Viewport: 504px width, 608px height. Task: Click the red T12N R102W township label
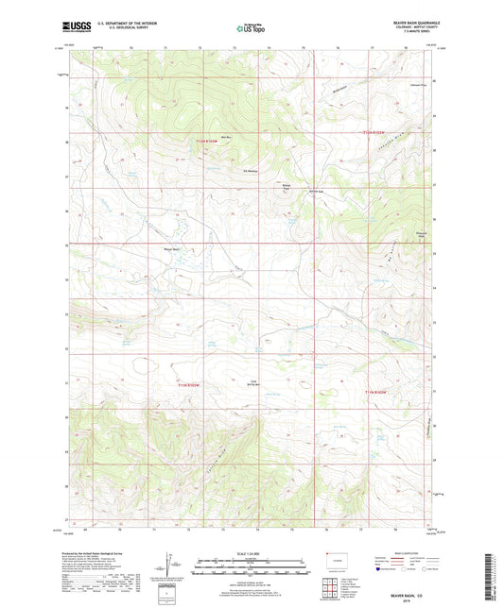click(378, 133)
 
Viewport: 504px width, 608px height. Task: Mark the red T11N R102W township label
click(376, 391)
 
